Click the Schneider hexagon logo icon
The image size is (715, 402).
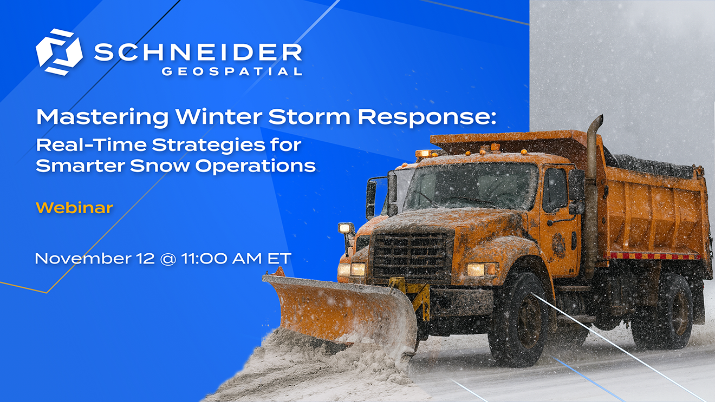(58, 52)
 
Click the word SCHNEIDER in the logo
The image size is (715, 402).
(198, 52)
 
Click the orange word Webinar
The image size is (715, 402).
(74, 207)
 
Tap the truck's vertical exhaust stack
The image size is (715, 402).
(592, 189)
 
